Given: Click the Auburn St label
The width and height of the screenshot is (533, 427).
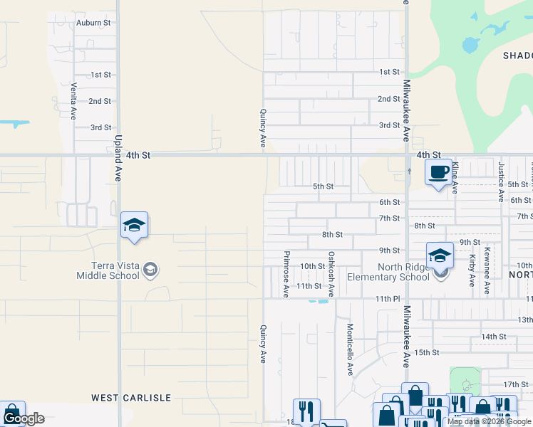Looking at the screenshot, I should [93, 23].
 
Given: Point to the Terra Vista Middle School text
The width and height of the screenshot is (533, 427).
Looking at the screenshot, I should [110, 270].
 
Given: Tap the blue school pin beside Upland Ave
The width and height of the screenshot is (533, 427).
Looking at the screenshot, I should [133, 226].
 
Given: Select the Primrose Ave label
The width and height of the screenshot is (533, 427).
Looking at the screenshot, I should [286, 274].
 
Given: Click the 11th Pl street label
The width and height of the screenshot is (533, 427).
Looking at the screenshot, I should [388, 300].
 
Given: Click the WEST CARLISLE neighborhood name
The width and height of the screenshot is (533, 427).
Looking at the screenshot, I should [131, 397].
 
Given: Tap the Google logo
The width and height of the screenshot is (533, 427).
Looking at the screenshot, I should [24, 418].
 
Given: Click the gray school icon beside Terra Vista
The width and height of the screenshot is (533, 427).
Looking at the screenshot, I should [150, 269].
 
